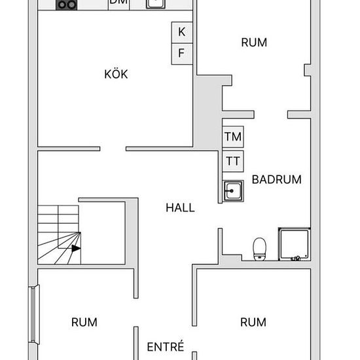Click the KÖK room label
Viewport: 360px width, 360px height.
coord(116,74)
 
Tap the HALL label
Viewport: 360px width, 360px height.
coord(180,207)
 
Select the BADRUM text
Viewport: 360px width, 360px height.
coord(277,179)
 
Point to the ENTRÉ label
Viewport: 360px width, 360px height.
coord(166,346)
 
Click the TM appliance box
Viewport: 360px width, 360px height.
coord(233,137)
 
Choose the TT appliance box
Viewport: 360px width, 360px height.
coord(233,161)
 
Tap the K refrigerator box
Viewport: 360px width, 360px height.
coord(182,32)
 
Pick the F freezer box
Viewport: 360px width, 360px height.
coord(182,54)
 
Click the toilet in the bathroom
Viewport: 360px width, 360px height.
coord(259,249)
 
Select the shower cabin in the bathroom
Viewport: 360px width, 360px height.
coord(295,244)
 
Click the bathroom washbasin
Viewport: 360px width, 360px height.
coord(233,190)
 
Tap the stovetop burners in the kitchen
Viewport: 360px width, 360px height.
coord(66,5)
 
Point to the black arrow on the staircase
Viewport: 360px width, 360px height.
coord(76,248)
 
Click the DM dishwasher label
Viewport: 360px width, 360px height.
coord(118,2)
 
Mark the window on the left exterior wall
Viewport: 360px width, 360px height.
coord(34,314)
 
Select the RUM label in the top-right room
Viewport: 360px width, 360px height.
coord(254,43)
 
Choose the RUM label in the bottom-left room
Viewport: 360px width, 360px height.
coord(84,322)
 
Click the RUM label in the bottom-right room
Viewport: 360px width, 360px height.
coord(253,322)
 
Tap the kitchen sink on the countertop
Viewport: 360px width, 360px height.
coord(156,4)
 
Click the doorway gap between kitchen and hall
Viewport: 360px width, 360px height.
coord(113,149)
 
